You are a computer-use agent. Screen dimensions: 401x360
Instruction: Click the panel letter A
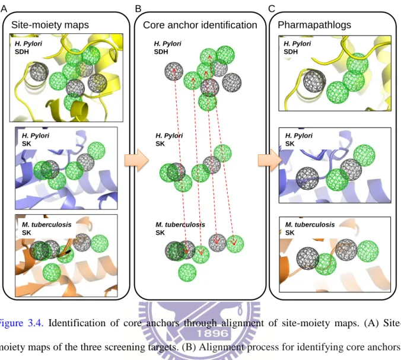[4, 9]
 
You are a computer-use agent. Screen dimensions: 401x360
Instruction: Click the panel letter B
[138, 9]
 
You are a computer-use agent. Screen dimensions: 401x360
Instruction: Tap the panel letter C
[272, 9]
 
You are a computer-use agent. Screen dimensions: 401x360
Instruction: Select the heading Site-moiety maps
[50, 25]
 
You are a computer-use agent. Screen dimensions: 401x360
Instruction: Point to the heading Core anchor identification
[200, 25]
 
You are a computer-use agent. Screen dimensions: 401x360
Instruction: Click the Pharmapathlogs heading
[314, 25]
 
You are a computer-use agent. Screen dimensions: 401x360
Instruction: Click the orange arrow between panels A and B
[136, 160]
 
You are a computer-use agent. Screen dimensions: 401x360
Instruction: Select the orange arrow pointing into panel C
[270, 160]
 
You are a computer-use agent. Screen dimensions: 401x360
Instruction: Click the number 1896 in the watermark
[212, 333]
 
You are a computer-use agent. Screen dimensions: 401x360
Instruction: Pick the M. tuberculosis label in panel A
[46, 225]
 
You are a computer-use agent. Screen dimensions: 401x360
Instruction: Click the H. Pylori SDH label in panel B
[167, 47]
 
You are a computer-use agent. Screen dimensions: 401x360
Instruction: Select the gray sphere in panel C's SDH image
[314, 81]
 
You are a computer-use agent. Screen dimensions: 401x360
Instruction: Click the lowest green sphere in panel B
[187, 273]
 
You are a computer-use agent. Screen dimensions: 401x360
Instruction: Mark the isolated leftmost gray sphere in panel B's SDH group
[174, 71]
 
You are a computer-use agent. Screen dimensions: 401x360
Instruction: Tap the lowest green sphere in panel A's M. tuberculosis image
[52, 273]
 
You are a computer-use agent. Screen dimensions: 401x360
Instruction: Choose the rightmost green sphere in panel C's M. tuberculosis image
[368, 251]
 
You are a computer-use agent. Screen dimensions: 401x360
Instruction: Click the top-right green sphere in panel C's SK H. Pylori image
[364, 155]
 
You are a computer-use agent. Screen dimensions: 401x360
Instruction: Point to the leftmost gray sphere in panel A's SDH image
[39, 72]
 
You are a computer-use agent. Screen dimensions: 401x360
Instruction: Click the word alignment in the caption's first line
[242, 323]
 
